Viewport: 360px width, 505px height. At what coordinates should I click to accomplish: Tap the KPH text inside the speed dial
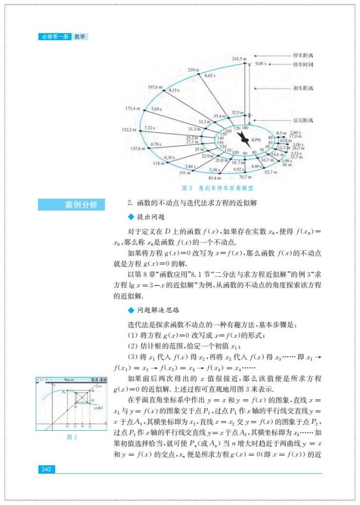tap(256, 140)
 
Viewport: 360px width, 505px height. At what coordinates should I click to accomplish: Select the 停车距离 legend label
tap(303, 55)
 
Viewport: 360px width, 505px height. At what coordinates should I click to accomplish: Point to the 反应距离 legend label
tap(303, 120)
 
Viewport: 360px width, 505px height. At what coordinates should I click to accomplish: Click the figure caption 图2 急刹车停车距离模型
tap(218, 188)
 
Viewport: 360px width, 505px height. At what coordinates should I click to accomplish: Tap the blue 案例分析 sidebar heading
tap(71, 205)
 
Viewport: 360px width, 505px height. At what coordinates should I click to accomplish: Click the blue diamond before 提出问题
tap(130, 217)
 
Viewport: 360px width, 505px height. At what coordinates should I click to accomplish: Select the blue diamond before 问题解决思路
tap(130, 310)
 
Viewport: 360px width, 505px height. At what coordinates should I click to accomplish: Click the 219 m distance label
tap(193, 69)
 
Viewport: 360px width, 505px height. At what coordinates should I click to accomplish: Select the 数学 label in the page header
tap(80, 37)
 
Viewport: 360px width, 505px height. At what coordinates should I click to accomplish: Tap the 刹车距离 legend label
tap(303, 88)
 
